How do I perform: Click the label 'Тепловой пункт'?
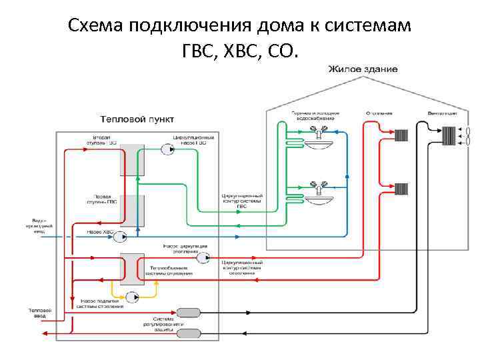tap(137, 119)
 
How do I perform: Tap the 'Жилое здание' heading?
tap(363, 69)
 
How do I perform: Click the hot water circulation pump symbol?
tap(165, 151)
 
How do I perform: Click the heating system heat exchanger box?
tap(132, 269)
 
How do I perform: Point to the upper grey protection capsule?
tap(188, 312)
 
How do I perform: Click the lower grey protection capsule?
tap(188, 333)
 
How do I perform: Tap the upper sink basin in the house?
tap(314, 142)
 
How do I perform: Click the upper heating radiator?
tap(401, 136)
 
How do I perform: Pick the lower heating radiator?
tap(401, 190)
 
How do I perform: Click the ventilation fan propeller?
tap(466, 136)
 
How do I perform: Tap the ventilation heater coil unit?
tap(449, 135)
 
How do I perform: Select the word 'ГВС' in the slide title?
tap(201, 49)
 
